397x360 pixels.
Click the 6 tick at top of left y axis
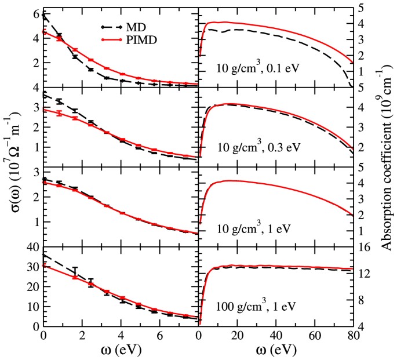[35, 14]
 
